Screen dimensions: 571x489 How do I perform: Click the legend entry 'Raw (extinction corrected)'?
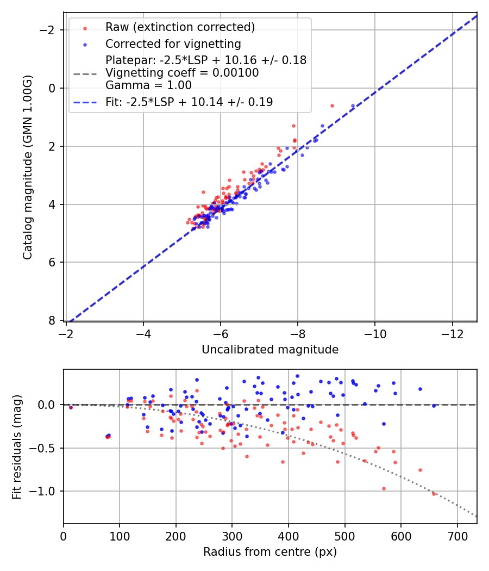180,27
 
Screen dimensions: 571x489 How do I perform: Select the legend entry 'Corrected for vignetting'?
173,44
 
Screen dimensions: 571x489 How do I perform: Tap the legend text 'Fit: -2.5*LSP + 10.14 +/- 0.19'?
189,102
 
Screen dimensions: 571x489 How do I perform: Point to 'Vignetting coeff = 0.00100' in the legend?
182,72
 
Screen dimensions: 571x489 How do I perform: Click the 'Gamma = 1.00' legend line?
148,85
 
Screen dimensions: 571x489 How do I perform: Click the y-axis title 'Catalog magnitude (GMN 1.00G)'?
28,167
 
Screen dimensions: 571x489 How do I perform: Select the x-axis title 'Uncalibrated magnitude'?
270,350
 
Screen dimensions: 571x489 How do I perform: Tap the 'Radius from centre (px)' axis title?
270,552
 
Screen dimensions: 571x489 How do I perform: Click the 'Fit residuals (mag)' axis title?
17,446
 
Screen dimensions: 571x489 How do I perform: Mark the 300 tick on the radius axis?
232,536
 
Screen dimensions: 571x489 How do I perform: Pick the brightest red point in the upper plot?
332,105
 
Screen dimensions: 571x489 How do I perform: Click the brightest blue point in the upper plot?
353,105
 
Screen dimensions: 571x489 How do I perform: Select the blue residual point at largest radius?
434,406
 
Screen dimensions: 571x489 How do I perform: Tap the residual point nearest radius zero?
71,407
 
